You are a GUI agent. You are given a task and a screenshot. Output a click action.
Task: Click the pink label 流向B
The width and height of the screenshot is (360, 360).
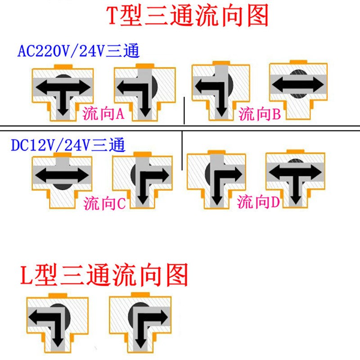point(260,114)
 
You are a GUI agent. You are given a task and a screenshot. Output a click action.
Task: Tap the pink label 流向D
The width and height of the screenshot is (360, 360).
point(259,202)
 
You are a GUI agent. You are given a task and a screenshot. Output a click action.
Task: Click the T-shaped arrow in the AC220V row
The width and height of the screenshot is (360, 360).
point(61,94)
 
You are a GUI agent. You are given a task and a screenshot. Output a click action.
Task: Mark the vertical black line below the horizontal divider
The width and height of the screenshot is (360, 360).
point(181,151)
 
